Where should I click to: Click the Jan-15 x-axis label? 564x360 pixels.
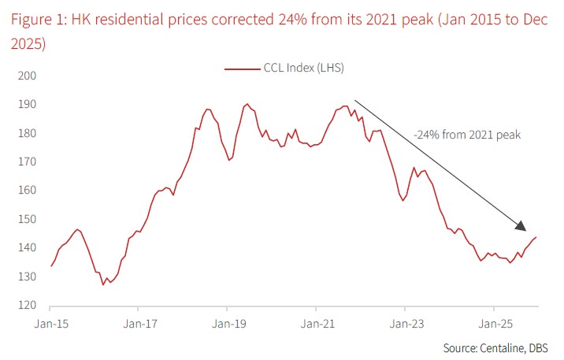[50, 323]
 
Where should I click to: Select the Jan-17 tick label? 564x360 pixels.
[139, 323]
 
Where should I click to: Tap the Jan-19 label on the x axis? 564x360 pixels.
[228, 323]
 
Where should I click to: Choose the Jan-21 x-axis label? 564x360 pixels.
[317, 323]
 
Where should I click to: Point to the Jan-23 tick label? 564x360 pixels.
[405, 323]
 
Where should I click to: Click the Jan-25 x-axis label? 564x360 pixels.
[494, 323]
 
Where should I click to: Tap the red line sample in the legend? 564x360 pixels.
[242, 69]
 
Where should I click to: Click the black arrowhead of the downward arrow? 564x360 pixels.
[521, 226]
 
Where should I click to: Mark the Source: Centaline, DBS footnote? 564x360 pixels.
[495, 347]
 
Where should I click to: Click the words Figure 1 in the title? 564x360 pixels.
[36, 19]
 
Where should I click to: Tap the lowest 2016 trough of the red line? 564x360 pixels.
[103, 284]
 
